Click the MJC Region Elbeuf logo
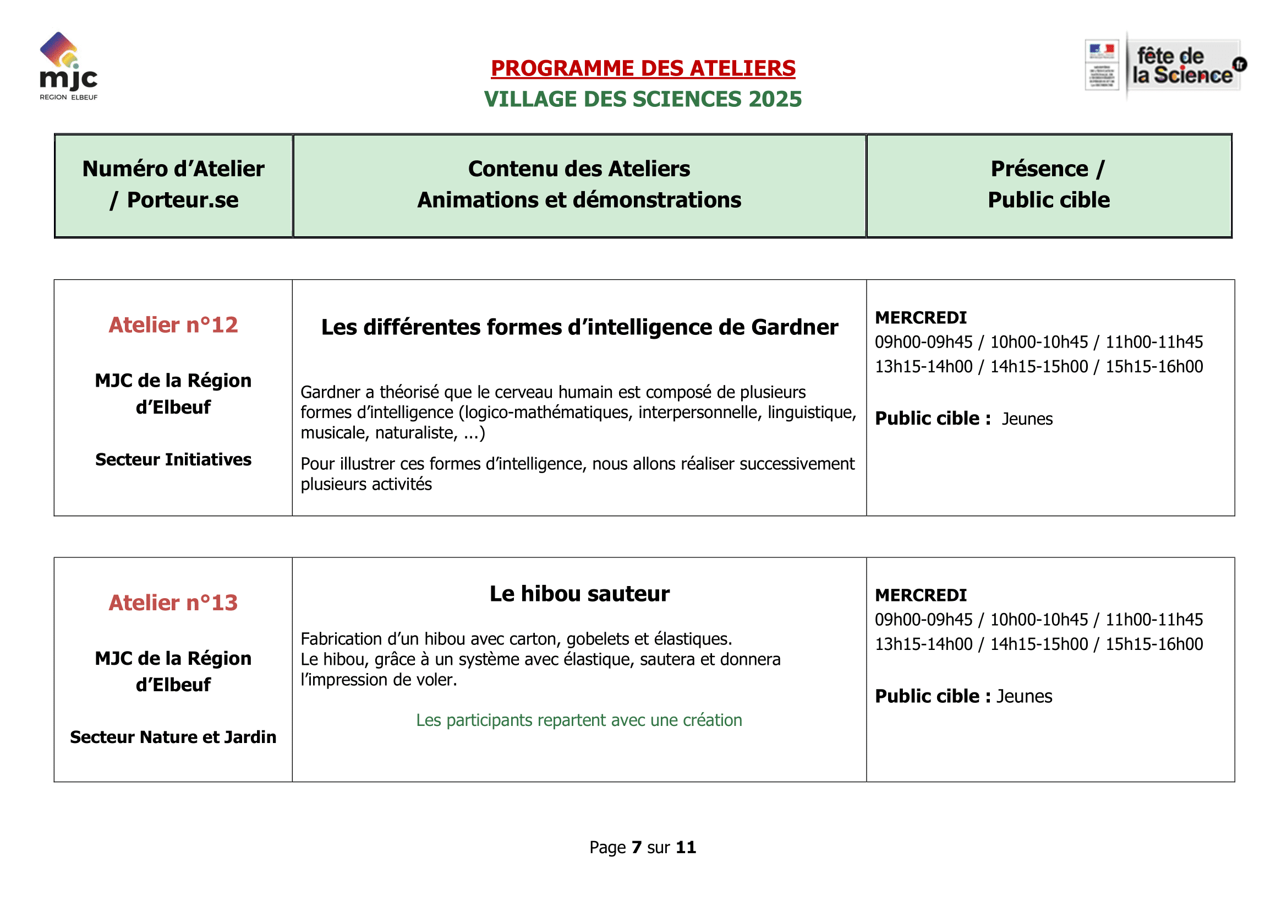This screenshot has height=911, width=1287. click(x=68, y=66)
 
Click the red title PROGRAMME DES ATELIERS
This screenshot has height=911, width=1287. click(x=643, y=68)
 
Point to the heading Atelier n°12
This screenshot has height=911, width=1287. click(x=173, y=325)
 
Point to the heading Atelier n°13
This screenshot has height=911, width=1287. click(x=173, y=603)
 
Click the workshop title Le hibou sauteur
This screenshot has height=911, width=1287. click(x=579, y=594)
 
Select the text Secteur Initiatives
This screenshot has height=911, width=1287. click(x=173, y=459)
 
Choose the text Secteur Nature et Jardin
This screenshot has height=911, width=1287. click(x=173, y=736)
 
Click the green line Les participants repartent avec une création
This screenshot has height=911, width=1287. click(x=578, y=720)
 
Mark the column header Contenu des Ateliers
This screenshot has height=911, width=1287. click(x=579, y=169)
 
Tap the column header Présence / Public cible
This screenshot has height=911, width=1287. click(x=1048, y=184)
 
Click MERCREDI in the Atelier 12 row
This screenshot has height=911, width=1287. click(x=921, y=317)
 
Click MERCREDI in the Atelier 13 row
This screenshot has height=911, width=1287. click(x=921, y=595)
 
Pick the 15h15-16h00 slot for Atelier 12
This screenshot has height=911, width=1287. click(x=1154, y=366)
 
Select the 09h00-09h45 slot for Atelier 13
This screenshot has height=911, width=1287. click(x=923, y=619)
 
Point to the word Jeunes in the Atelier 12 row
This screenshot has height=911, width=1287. click(x=1027, y=419)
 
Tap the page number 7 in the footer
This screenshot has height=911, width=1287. click(x=636, y=847)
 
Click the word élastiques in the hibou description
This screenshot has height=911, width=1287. click(x=701, y=639)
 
